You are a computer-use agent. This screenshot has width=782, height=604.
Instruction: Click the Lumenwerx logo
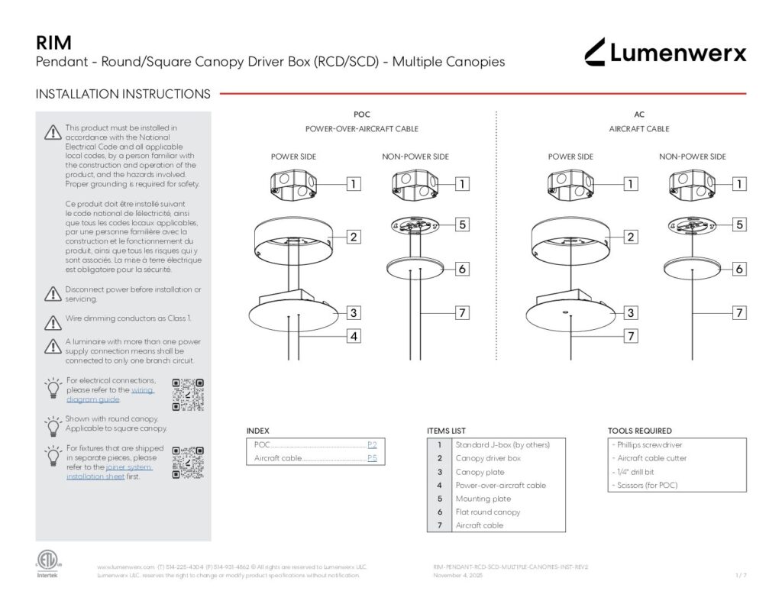tap(665, 52)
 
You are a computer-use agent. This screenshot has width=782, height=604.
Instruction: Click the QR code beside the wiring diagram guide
tap(188, 395)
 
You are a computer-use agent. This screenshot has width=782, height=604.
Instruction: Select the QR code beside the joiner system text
tap(188, 462)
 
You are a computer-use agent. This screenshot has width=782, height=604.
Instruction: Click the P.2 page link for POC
tap(372, 444)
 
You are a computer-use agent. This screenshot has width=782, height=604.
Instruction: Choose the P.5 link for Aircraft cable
tap(372, 458)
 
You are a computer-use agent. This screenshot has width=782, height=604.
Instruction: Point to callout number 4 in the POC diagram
tap(354, 335)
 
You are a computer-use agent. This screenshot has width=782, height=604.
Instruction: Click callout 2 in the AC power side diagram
tap(631, 237)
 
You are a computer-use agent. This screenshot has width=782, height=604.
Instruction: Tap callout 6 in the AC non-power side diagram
tap(739, 269)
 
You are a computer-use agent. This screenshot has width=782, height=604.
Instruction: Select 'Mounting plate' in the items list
tap(483, 499)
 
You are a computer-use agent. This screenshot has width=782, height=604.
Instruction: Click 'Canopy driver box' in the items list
tap(488, 458)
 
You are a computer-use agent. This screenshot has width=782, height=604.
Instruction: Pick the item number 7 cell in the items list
tap(440, 525)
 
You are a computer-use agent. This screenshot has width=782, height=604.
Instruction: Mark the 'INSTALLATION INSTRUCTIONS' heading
tap(123, 95)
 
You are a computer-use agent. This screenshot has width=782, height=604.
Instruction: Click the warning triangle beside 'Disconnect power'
tap(52, 293)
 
